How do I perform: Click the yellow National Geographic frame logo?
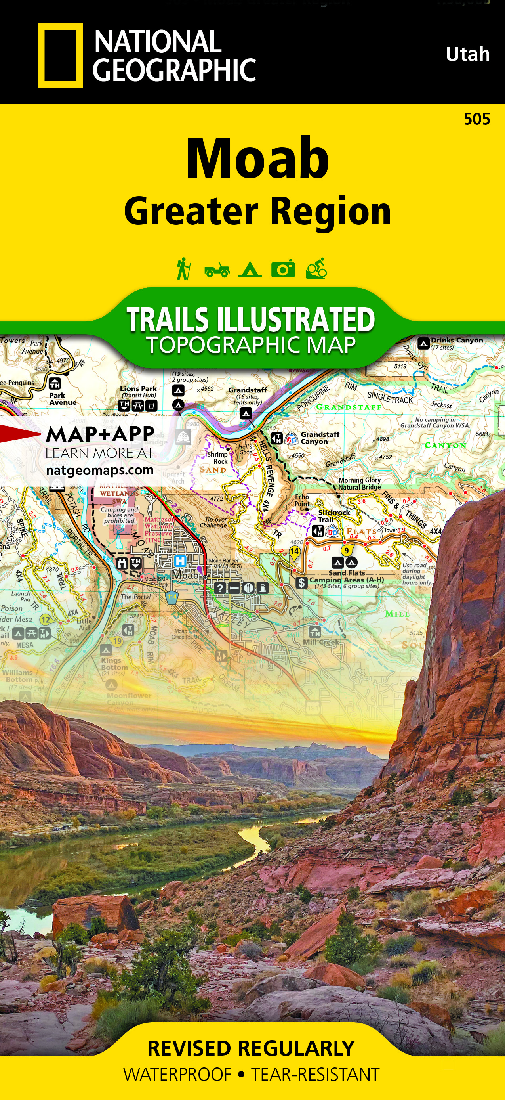60,55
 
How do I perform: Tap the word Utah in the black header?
467,54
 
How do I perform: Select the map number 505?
477,119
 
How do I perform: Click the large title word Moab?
257,159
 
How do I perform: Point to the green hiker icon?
183,269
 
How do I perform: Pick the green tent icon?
250,270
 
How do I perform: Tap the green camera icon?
283,269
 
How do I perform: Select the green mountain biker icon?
316,269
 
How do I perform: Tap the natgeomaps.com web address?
100,470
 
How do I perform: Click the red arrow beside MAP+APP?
19,434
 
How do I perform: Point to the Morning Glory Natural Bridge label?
360,483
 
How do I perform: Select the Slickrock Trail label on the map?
333,515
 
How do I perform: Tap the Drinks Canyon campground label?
456,341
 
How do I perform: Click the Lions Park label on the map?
138,389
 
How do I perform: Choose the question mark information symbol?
220,588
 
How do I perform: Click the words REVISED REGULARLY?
251,1049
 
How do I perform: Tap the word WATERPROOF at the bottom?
177,1075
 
